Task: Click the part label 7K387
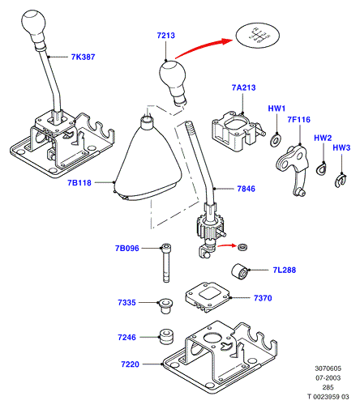point(83,57)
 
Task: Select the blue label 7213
point(166,36)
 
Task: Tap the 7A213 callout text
point(243,87)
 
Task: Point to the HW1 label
point(276,109)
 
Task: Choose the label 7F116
point(298,120)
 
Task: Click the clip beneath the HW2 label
point(321,168)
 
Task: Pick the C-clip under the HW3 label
point(341,180)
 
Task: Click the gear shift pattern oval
point(258,36)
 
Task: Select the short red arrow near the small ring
point(226,245)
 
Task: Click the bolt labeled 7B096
point(166,263)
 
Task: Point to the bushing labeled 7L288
point(240,271)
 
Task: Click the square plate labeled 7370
point(208,296)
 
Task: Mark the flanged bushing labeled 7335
point(165,305)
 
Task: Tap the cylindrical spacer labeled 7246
point(165,336)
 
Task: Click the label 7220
point(130,364)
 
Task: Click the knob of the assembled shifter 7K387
point(34,26)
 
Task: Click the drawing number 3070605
point(328,369)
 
